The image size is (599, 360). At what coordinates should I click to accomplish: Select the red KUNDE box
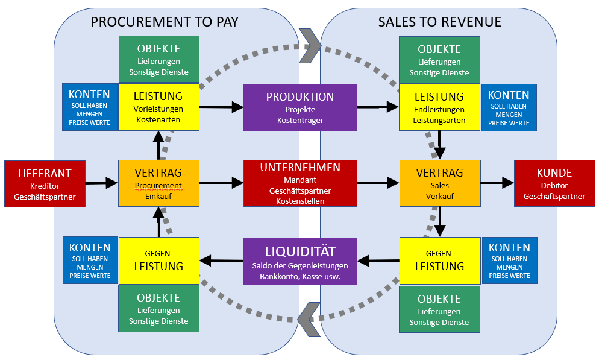pos(554,184)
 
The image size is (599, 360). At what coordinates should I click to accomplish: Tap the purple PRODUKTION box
pos(300,108)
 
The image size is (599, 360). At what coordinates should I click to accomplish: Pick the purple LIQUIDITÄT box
pos(300,261)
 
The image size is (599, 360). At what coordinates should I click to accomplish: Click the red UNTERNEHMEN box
pos(300,183)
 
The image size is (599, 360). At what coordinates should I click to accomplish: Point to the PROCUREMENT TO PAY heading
pos(165,22)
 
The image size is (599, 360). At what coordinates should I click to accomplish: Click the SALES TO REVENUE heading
pos(439,22)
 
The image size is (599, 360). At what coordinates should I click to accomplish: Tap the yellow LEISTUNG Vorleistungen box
pos(158,107)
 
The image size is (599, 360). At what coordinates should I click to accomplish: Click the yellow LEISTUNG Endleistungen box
pos(441,107)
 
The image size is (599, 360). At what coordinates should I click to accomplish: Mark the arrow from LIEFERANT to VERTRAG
pos(100,182)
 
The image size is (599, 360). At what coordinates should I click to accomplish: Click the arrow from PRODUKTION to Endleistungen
pos(378,107)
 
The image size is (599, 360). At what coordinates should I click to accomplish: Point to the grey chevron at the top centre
pos(310,45)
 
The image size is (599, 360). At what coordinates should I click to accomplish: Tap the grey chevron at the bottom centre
pos(307,318)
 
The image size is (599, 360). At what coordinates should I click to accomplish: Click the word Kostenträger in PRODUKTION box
pos(300,121)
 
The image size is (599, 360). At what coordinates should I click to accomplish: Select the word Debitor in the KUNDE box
pos(554,185)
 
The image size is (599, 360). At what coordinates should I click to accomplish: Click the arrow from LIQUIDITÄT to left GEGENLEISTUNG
pos(221,261)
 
